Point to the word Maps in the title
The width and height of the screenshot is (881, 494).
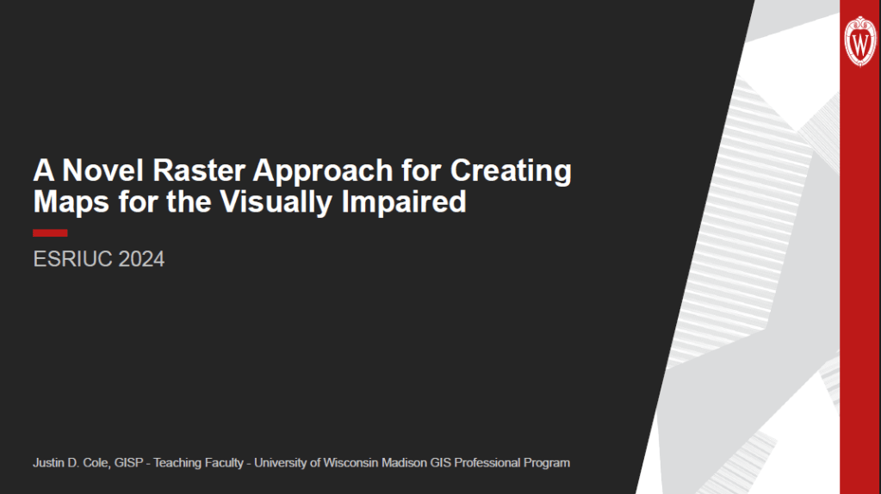pos(66,202)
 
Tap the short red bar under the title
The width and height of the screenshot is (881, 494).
pos(50,232)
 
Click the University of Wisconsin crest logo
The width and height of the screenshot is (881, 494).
pos(860,40)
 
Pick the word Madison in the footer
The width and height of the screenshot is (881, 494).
pos(401,463)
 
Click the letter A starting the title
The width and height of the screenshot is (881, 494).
pos(42,170)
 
